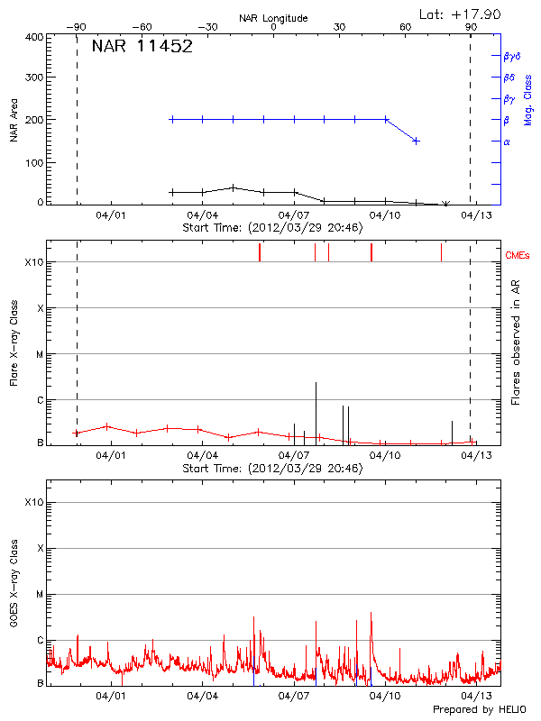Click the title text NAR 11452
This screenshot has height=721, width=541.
pos(142,47)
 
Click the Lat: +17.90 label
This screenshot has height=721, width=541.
pos(461,14)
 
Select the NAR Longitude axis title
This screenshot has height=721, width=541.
pos(273,17)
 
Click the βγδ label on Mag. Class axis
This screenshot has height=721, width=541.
pos(512,56)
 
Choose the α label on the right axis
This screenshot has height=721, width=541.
pos(507,141)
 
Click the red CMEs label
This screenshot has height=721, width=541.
pos(518,256)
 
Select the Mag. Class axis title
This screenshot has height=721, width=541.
pos(528,99)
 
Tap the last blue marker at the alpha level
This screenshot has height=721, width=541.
pos(416,141)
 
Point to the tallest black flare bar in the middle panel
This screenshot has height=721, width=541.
pos(316,410)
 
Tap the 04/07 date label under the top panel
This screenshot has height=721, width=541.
pos(295,216)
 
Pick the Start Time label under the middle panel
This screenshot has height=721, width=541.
pos(272,469)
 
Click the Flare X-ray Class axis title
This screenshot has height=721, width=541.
pos(14,342)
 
